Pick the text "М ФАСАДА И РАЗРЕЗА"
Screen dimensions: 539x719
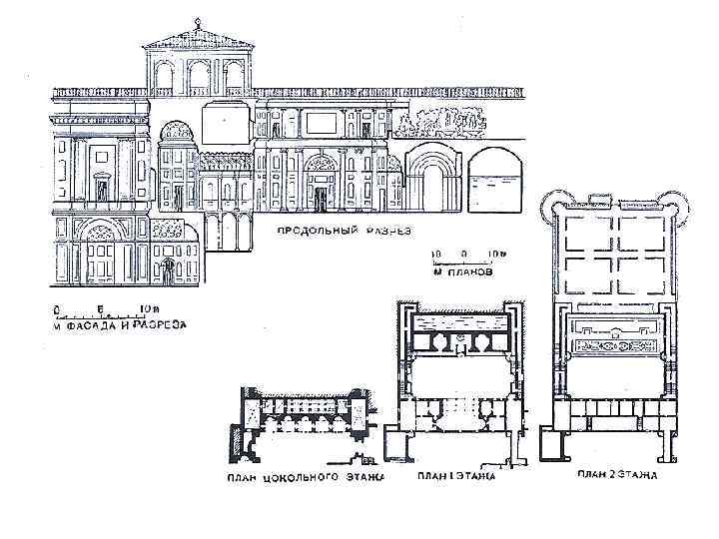click(x=112, y=324)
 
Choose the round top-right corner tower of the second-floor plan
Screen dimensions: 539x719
click(x=677, y=204)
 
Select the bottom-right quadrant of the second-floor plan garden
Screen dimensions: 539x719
click(x=640, y=274)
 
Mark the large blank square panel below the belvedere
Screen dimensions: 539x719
click(x=224, y=125)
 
